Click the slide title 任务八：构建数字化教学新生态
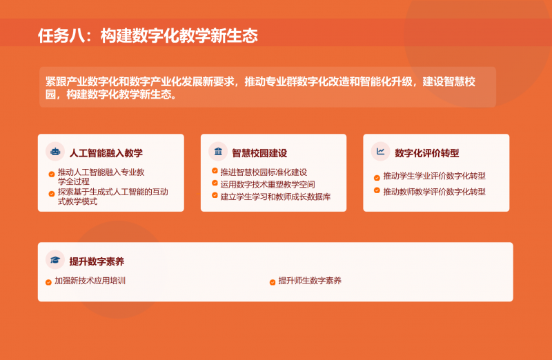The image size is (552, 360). (148, 35)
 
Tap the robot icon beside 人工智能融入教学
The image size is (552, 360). (55, 152)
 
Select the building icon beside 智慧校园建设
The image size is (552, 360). (218, 152)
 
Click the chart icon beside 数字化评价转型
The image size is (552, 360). (380, 152)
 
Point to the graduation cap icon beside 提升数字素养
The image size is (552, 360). (55, 260)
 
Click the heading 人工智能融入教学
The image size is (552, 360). (106, 153)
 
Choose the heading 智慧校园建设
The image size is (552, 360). (259, 153)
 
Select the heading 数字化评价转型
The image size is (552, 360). (427, 153)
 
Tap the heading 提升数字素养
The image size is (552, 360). (97, 262)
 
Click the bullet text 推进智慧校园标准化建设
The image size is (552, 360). (264, 172)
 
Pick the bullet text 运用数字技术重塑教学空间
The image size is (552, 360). (268, 184)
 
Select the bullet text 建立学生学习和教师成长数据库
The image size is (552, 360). (275, 197)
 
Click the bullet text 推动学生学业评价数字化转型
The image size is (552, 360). (435, 176)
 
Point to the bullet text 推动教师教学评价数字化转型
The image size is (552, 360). (435, 192)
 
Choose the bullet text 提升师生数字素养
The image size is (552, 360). (310, 281)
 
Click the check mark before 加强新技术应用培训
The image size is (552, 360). (48, 282)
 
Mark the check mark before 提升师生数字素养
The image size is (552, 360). (273, 282)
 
